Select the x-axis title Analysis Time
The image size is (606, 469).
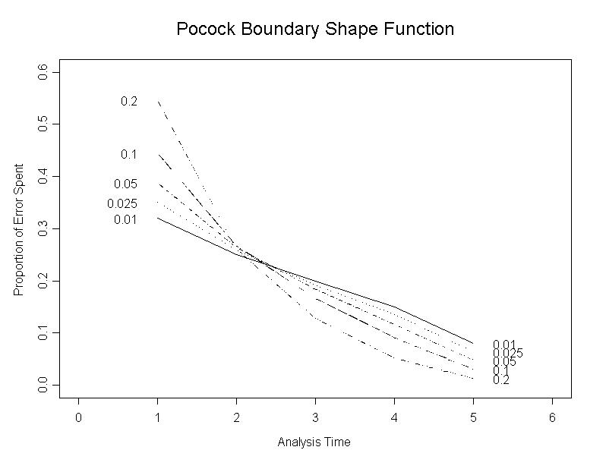pyautogui.click(x=314, y=442)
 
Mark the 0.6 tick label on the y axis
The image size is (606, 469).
pyautogui.click(x=44, y=71)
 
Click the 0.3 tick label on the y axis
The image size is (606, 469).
pyautogui.click(x=44, y=228)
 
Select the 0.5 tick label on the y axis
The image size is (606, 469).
pyautogui.click(x=44, y=124)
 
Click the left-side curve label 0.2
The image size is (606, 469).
pyautogui.click(x=129, y=102)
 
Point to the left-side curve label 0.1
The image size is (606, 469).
pyautogui.click(x=129, y=155)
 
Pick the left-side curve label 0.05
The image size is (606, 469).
pyautogui.click(x=125, y=184)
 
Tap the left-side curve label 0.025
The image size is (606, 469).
pyautogui.click(x=122, y=203)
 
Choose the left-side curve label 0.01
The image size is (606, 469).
pyautogui.click(x=125, y=220)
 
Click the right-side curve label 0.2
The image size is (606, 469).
pyautogui.click(x=501, y=380)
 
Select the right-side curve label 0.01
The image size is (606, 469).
pyautogui.click(x=504, y=345)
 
